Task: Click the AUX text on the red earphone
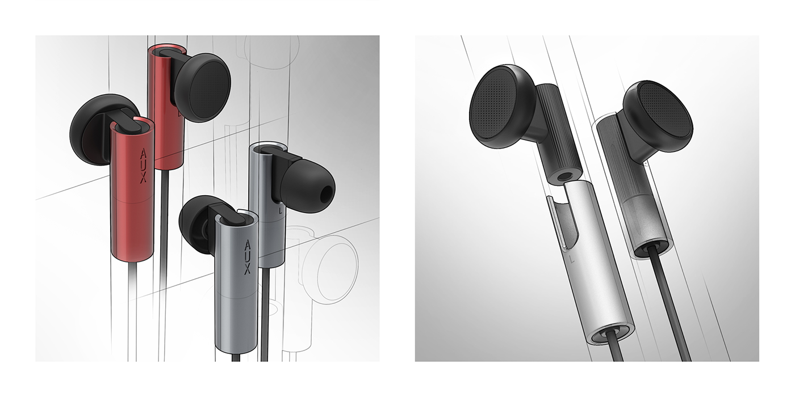pyautogui.click(x=143, y=166)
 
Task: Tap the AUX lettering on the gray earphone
pyautogui.click(x=246, y=259)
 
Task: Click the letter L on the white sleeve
pyautogui.click(x=570, y=259)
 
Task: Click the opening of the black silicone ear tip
pyautogui.click(x=324, y=195)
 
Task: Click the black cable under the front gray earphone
pyautogui.click(x=237, y=357)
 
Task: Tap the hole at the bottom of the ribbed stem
pyautogui.click(x=562, y=177)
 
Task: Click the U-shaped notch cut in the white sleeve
pyautogui.click(x=559, y=221)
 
